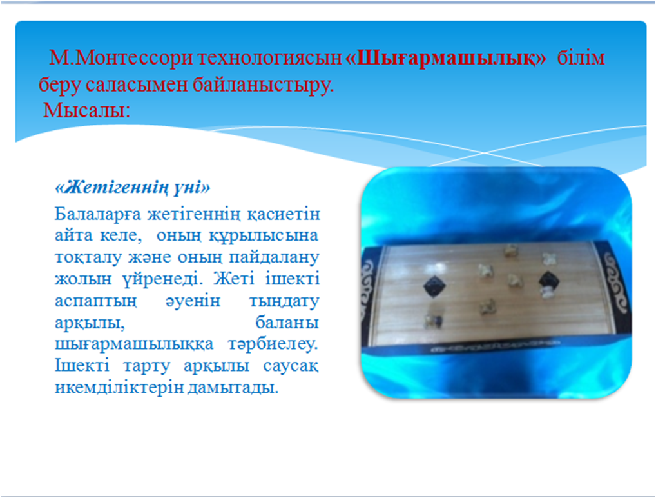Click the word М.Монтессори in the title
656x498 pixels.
[x=121, y=58]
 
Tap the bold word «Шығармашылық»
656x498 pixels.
[x=446, y=58]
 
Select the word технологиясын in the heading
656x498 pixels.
[x=270, y=58]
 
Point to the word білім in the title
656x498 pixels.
[x=581, y=58]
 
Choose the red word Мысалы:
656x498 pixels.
[x=86, y=110]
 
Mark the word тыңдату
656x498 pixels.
[x=284, y=301]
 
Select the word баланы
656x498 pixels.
[x=287, y=323]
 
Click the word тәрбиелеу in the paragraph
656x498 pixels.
[x=273, y=344]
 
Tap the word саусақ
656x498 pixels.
[x=291, y=366]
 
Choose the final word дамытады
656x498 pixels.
[x=233, y=388]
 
